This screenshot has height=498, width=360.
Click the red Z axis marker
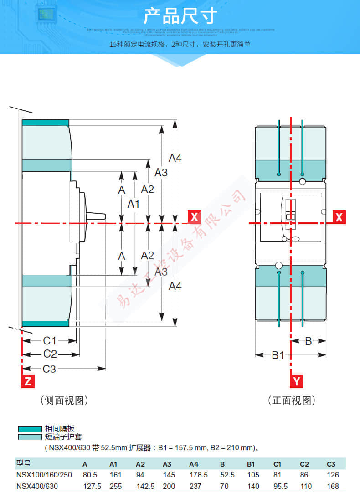tap(28, 381)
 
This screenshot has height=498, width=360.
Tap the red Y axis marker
tap(297, 381)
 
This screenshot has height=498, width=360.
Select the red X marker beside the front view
tap(339, 217)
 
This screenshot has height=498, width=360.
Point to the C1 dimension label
tap(49, 340)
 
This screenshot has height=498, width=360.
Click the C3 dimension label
tap(49, 369)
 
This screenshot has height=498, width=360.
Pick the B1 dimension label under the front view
tap(278, 355)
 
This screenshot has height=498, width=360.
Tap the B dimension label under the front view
tap(308, 341)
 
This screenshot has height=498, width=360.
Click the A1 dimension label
tap(133, 204)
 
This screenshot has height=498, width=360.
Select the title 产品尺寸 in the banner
tap(180, 16)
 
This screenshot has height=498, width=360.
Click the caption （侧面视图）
tap(64, 400)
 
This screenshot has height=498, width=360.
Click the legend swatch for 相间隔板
tap(30, 429)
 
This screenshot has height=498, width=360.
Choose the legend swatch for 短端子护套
tap(30, 437)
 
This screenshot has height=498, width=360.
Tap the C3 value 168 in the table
tap(333, 486)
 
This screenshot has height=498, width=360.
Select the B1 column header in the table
tap(252, 464)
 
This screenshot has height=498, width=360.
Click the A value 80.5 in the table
tap(90, 475)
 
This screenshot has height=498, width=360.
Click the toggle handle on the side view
tap(96, 216)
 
